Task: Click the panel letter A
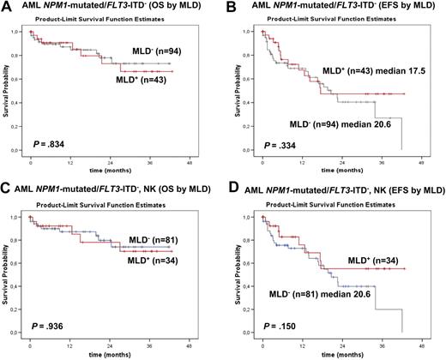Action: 7,8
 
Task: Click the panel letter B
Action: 232,8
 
